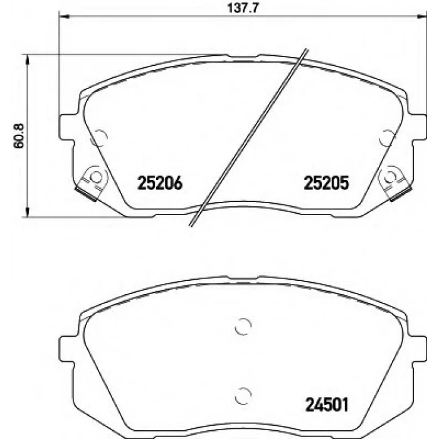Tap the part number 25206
coord(159,182)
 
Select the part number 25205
coord(325,182)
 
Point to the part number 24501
coord(325,401)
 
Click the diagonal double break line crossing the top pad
coord(251,138)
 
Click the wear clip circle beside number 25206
coord(95,176)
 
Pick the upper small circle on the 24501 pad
coord(243,326)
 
